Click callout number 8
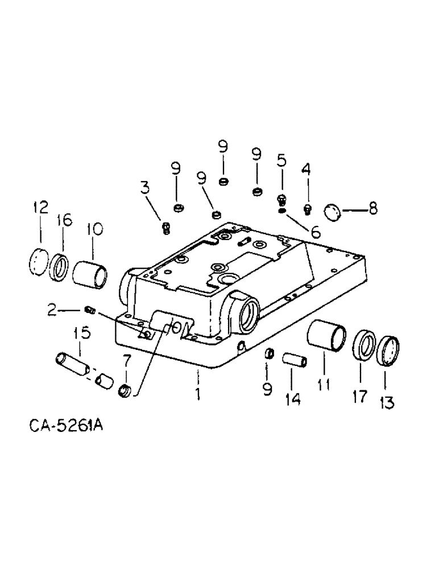pyautogui.click(x=372, y=208)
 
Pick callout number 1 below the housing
pyautogui.click(x=198, y=393)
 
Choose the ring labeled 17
pyautogui.click(x=363, y=345)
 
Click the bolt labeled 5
pyautogui.click(x=281, y=199)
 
